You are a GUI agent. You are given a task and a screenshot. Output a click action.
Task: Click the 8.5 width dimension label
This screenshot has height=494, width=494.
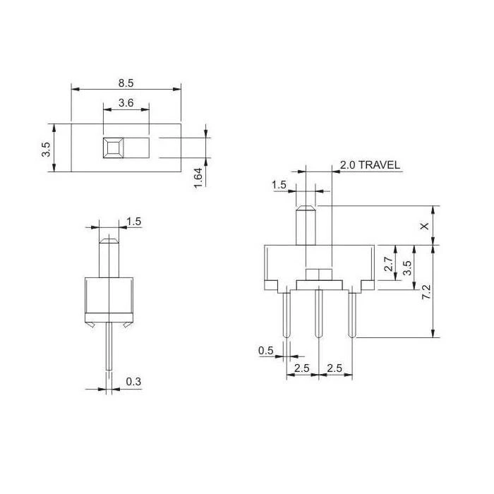coord(126,83)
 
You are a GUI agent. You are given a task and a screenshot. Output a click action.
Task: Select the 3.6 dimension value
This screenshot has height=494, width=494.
coord(126,103)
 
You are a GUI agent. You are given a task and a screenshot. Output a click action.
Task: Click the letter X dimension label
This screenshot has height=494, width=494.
coord(423,226)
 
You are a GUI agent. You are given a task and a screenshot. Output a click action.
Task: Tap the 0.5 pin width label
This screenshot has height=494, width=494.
coord(266,351)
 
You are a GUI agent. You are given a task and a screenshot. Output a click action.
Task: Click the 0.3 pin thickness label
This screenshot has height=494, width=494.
coord(133,382)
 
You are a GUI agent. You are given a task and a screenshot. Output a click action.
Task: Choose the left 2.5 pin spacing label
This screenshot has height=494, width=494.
coord(302,368)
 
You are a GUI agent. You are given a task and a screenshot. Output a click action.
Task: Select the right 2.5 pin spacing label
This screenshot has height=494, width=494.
coord(335,368)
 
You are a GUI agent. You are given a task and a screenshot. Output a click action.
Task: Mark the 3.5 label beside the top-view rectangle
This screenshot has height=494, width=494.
coord(46,149)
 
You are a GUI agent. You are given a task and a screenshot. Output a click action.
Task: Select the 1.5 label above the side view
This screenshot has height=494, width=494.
coord(133,222)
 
